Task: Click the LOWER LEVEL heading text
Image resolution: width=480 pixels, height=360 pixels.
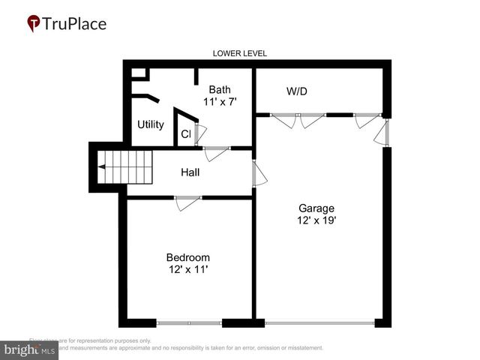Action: tap(240, 53)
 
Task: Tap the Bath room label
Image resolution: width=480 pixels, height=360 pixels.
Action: tap(220, 89)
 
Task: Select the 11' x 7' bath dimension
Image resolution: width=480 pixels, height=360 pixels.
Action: tap(220, 101)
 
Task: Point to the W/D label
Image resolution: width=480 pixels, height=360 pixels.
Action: tap(297, 91)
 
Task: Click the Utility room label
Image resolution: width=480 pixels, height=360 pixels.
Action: tap(151, 124)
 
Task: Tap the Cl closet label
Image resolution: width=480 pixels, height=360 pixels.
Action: tap(185, 134)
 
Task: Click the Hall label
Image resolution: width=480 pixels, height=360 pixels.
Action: tap(190, 172)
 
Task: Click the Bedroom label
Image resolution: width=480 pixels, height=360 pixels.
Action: tap(188, 257)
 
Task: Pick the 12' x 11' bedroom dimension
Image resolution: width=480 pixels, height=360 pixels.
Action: tap(188, 269)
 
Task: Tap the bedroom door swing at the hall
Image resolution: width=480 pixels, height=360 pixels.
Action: tap(187, 202)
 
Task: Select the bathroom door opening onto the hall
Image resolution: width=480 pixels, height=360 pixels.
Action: tap(217, 152)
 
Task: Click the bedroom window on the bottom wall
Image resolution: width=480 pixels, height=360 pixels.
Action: tap(190, 323)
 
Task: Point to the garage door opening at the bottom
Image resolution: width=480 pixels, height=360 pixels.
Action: tap(319, 323)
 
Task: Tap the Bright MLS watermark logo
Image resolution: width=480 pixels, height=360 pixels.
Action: tap(30, 349)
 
